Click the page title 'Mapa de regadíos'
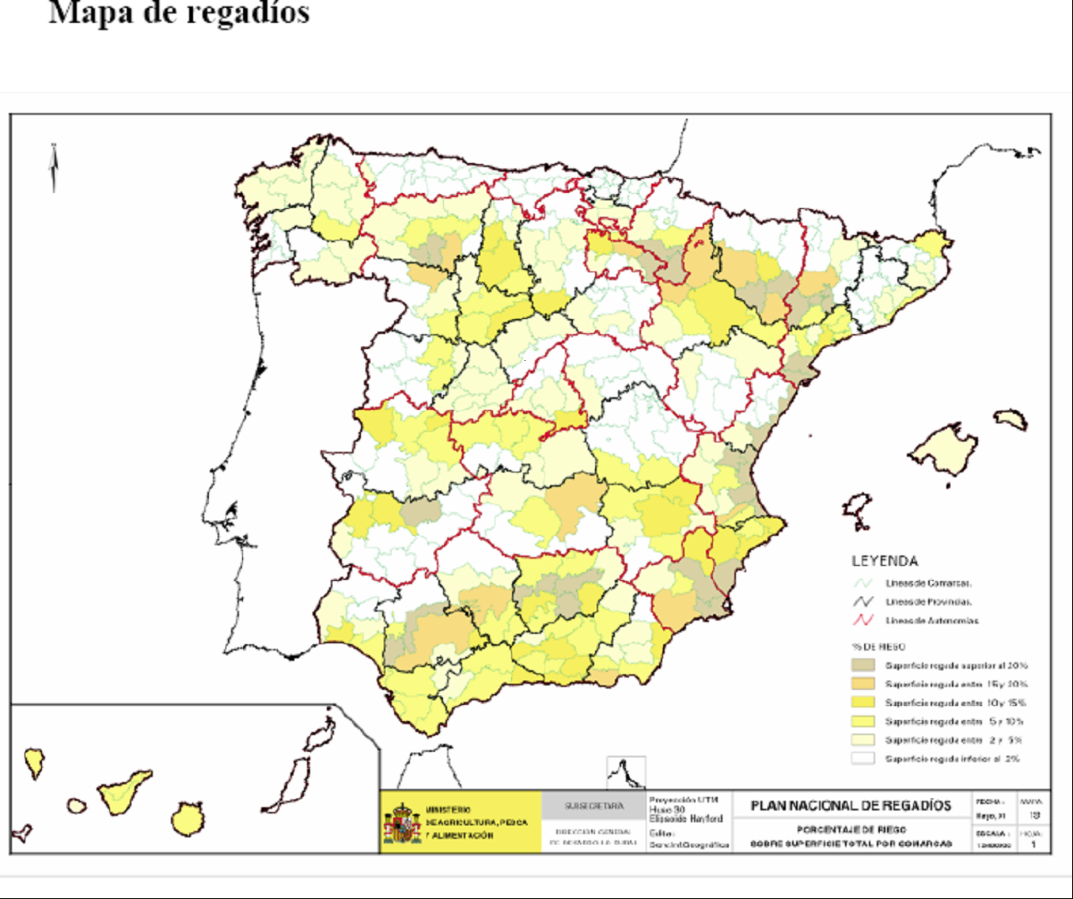(x=179, y=13)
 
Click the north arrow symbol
(x=54, y=168)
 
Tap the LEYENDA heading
(x=885, y=561)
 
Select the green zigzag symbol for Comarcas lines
(x=863, y=583)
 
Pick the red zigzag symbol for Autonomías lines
(x=863, y=620)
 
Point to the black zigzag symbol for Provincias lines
(x=863, y=602)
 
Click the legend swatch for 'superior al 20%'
(x=863, y=666)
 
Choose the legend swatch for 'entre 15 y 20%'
(x=863, y=684)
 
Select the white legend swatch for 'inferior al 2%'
(x=863, y=758)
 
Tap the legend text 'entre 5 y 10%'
(x=954, y=721)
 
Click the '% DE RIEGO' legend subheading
(x=878, y=647)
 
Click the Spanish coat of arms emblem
(x=403, y=824)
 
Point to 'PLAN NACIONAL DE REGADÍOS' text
(x=851, y=806)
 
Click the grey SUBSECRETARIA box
(x=593, y=806)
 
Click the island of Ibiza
(x=857, y=509)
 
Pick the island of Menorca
(x=1011, y=419)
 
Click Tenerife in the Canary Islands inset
(x=123, y=791)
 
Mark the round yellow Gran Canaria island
(x=188, y=820)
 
